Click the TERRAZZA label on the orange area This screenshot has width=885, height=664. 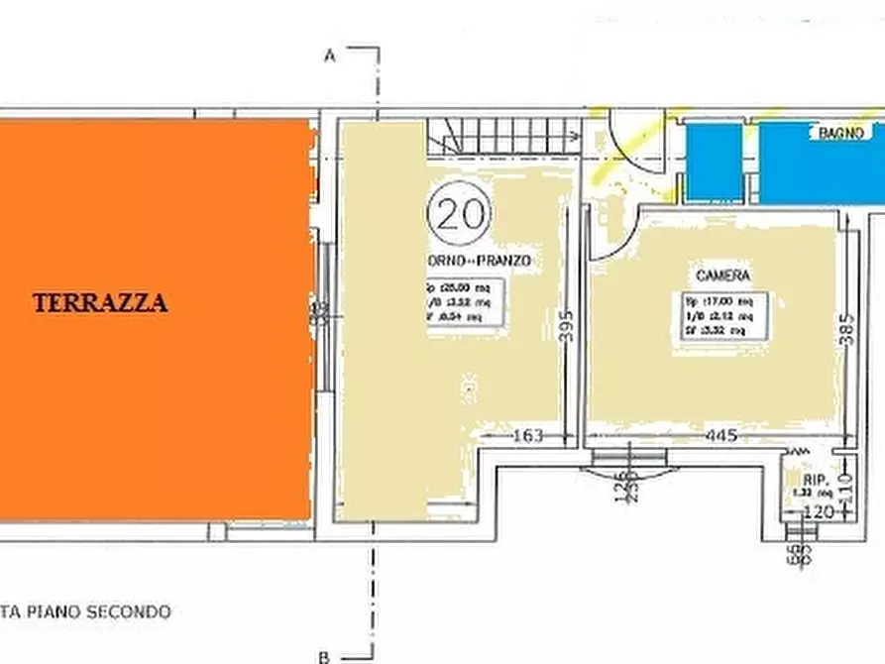(100, 303)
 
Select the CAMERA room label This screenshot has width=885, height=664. (722, 276)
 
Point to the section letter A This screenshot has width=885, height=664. (331, 56)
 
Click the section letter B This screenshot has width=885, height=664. (324, 655)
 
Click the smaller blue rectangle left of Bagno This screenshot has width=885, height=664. (714, 160)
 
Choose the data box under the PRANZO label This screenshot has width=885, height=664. (466, 301)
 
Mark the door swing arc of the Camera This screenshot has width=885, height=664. (610, 232)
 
